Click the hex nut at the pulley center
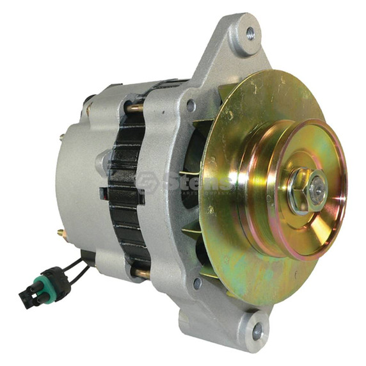[306, 193]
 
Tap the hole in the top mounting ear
[249, 33]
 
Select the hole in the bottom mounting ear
[257, 331]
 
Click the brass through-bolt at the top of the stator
[135, 107]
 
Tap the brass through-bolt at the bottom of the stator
[141, 273]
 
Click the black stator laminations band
[125, 192]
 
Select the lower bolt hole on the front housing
[198, 282]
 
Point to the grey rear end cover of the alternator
[77, 186]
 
